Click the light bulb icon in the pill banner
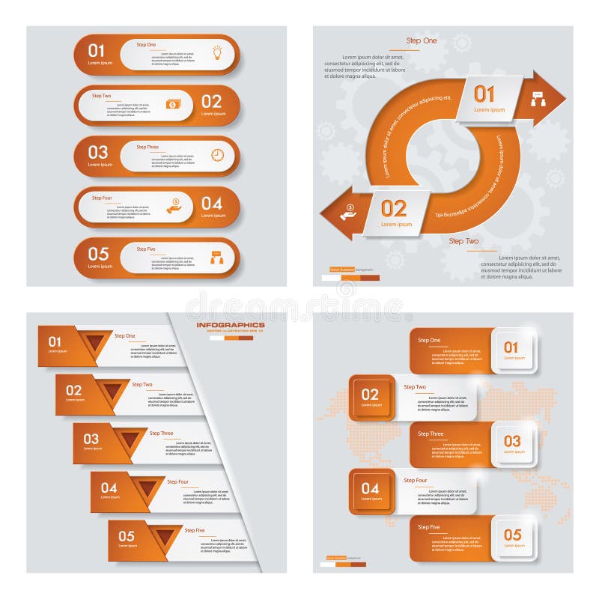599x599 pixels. point(217,52)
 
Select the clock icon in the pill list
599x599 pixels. point(217,155)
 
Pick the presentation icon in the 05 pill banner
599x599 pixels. point(217,257)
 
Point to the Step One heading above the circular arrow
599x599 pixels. point(422,40)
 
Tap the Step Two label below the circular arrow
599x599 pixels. point(463,241)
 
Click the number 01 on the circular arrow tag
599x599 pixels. point(484,94)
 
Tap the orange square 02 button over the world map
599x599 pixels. point(371,397)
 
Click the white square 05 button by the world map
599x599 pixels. point(512,538)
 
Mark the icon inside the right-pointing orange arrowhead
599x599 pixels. point(538,98)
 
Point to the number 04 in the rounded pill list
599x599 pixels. point(212,204)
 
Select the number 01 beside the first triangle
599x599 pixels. point(55,342)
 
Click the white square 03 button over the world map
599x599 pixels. point(512,444)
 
